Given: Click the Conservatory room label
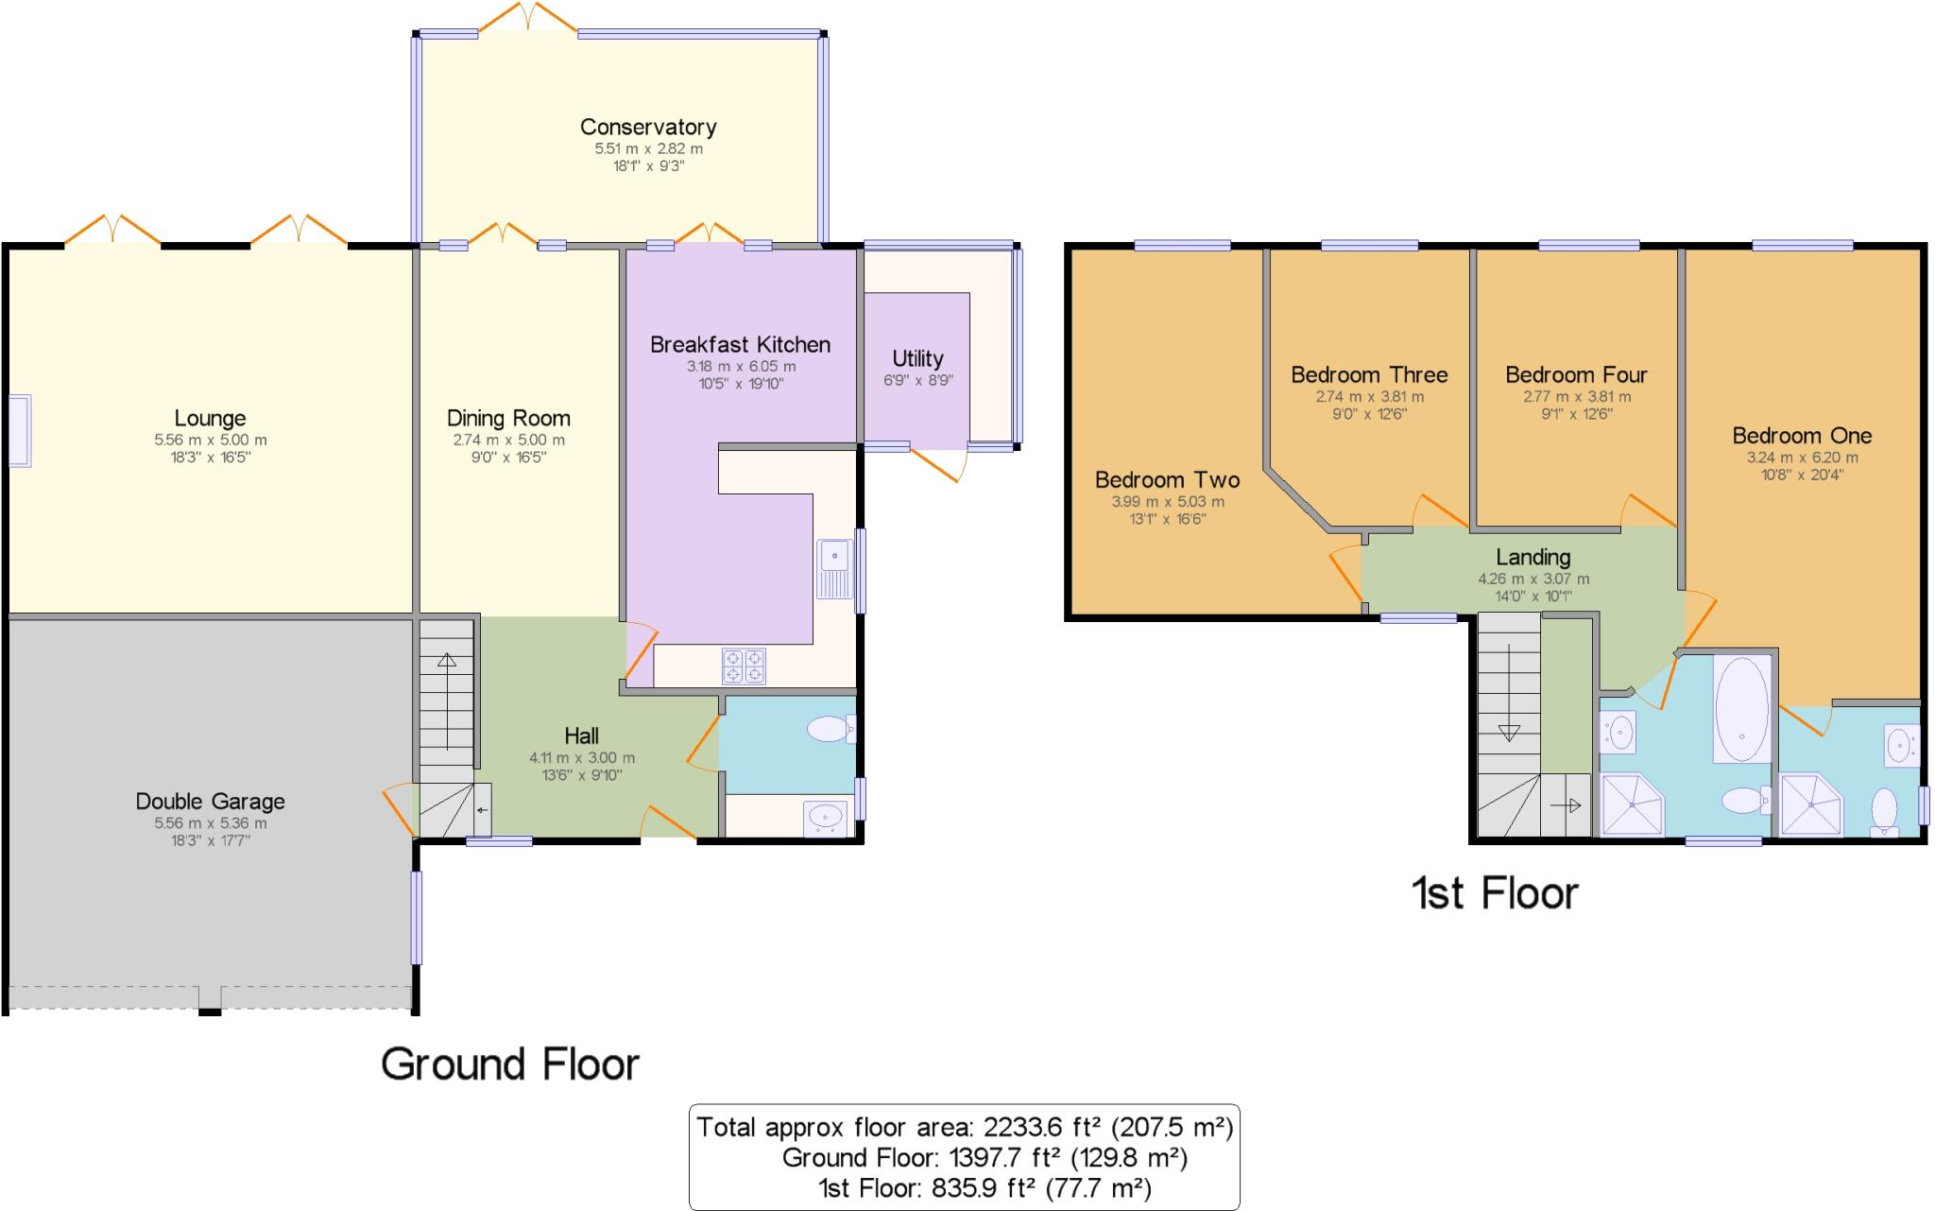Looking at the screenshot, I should (648, 127).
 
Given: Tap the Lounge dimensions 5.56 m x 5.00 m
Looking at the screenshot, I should (210, 440).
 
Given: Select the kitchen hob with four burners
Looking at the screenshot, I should (744, 666).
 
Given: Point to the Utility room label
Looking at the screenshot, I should (917, 358).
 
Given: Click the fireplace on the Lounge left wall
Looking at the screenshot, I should (19, 430).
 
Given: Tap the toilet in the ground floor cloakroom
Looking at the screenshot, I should (831, 729).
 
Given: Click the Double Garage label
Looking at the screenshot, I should (210, 801).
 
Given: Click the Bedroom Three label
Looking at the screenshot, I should (1369, 374).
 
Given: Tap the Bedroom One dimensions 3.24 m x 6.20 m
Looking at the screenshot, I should (1802, 458).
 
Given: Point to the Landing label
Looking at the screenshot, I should (1533, 557).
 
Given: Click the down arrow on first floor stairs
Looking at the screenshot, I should (1509, 731).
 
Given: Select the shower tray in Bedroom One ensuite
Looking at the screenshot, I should (1810, 805).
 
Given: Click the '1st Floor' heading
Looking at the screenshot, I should (1494, 893).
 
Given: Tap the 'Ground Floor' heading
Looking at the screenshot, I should (510, 1064).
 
